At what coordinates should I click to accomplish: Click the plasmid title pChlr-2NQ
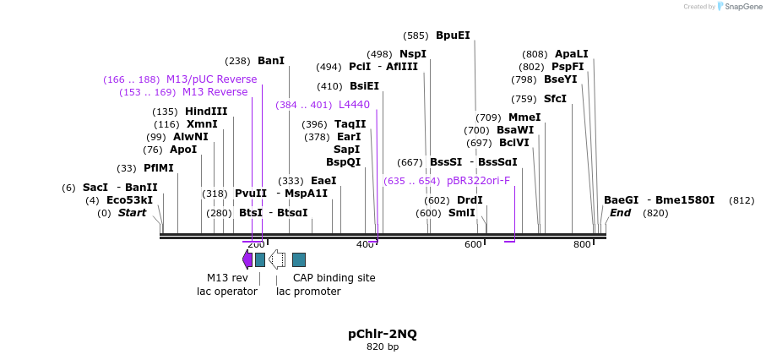(383, 334)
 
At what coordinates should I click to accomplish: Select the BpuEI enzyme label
(453, 35)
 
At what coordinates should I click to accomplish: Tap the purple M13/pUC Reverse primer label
(211, 79)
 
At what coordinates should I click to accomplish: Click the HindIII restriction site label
(206, 112)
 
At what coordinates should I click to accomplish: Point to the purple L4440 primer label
(354, 105)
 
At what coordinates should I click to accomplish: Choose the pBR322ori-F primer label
(478, 181)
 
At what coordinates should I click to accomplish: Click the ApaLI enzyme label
(572, 54)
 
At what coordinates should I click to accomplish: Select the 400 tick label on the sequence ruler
(365, 244)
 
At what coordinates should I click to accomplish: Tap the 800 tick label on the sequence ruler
(582, 244)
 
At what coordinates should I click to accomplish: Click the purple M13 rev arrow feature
(247, 259)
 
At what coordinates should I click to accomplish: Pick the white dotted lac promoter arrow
(277, 259)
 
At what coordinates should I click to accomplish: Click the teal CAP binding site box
(299, 259)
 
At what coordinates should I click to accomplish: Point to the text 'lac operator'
(227, 292)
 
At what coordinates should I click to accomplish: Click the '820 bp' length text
(383, 347)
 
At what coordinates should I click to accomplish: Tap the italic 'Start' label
(132, 213)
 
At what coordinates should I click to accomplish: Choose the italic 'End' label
(620, 213)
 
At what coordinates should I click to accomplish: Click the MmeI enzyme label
(524, 117)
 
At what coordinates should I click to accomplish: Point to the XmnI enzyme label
(202, 124)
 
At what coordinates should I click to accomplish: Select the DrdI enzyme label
(470, 200)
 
